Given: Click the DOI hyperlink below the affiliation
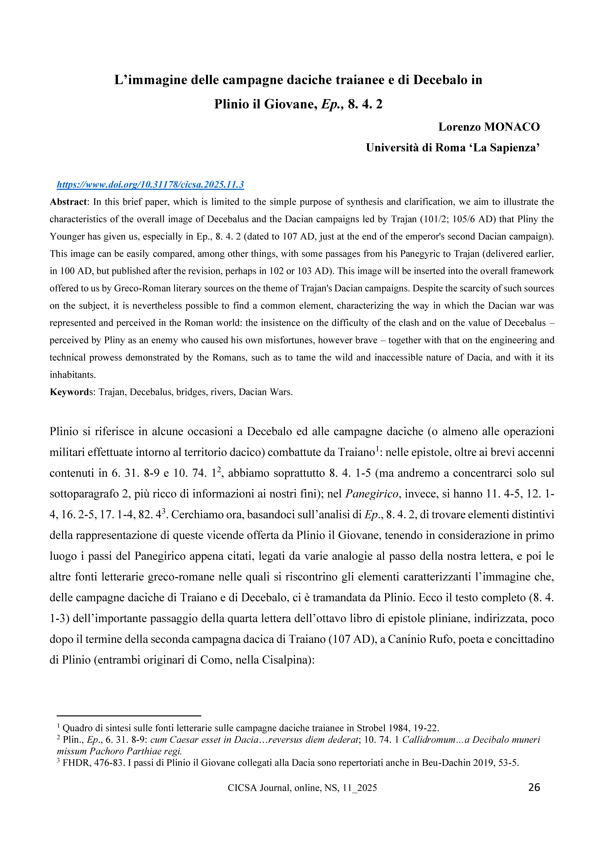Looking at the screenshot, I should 150,185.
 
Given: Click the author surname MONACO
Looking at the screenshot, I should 512,127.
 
